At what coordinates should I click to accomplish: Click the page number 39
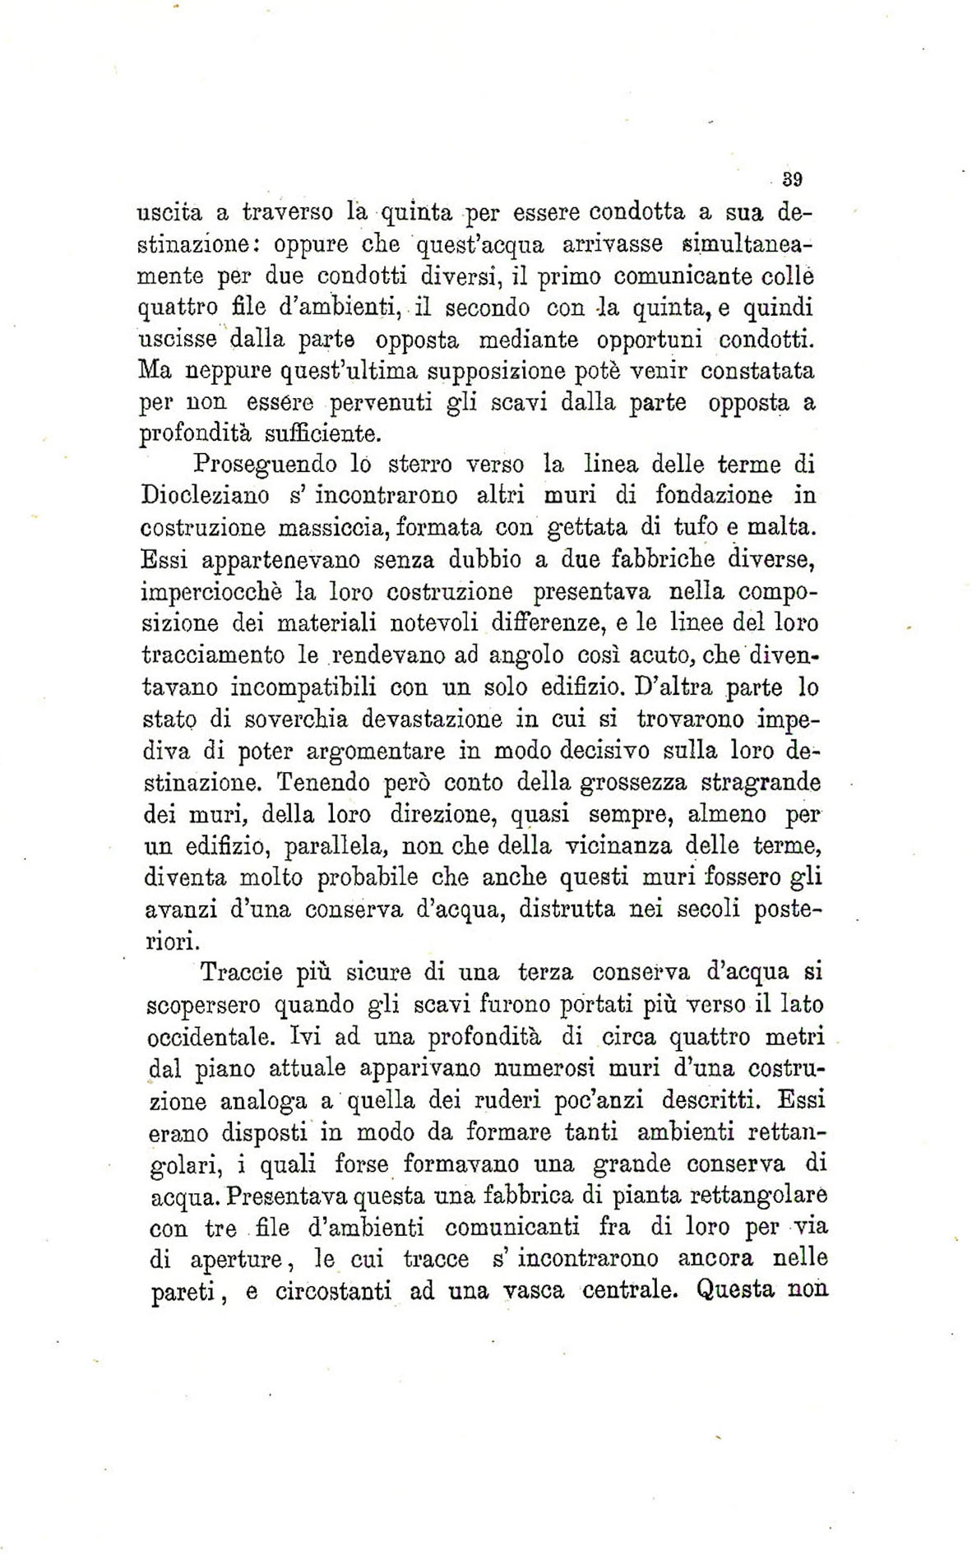click(792, 179)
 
